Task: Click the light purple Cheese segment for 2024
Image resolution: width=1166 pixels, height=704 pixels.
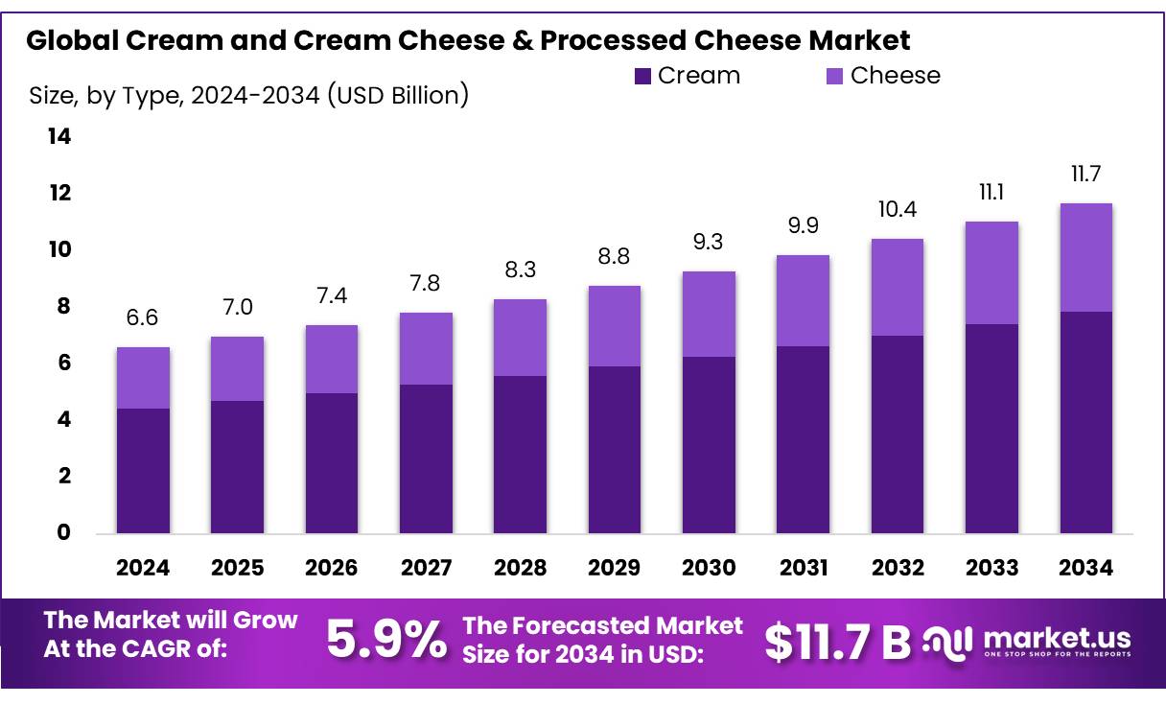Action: (x=143, y=378)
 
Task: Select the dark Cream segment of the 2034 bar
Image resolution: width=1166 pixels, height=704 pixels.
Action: (x=1085, y=422)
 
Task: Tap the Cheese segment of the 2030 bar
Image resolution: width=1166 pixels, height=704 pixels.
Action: (x=709, y=315)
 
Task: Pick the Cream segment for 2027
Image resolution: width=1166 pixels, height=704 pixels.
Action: (x=426, y=458)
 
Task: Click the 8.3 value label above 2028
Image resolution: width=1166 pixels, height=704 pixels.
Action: (x=520, y=271)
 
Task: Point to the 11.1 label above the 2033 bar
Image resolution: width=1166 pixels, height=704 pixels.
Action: (x=991, y=194)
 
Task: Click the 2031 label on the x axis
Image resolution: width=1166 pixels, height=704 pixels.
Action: (x=803, y=568)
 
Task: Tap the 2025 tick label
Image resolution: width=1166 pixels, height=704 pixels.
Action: (x=237, y=568)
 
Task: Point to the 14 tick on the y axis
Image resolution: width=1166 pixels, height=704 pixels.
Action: (x=59, y=137)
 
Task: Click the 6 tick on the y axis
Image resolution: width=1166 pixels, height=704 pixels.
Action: (x=62, y=364)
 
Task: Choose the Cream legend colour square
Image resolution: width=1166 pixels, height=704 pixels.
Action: (x=643, y=76)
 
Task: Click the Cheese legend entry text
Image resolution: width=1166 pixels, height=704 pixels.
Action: (x=896, y=76)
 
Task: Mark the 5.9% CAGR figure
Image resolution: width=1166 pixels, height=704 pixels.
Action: (x=386, y=640)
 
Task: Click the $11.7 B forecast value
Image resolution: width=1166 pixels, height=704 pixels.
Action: (x=837, y=642)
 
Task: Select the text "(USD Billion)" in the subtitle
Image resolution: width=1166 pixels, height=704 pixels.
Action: (x=398, y=95)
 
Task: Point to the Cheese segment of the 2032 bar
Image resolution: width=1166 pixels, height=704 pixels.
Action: (x=897, y=287)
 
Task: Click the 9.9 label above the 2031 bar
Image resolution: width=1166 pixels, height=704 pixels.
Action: (x=803, y=227)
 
